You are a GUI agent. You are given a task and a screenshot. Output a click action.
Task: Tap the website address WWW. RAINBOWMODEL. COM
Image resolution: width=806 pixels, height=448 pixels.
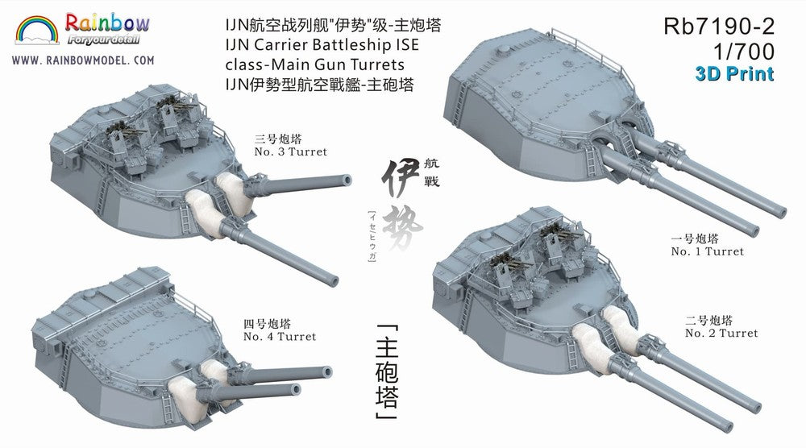(83, 60)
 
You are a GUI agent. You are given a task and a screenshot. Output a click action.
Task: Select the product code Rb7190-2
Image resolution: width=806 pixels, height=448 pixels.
(719, 27)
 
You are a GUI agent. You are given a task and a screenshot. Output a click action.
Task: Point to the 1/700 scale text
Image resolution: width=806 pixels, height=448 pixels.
(743, 52)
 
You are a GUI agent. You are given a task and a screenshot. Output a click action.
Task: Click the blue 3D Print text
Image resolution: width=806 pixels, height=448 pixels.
(734, 74)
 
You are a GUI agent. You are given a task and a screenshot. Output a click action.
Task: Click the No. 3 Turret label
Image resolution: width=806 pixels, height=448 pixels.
(290, 151)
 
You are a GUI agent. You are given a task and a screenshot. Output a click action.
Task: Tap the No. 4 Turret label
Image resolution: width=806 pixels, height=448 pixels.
(280, 337)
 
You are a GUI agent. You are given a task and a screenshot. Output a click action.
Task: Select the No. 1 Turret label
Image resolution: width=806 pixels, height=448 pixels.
(708, 251)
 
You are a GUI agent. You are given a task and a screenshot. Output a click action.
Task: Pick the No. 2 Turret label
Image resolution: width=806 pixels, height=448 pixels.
(721, 333)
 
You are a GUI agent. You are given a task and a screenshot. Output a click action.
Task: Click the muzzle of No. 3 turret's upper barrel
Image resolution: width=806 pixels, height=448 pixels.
(347, 180)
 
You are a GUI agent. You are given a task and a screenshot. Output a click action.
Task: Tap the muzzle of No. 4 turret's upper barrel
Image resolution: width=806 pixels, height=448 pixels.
(326, 372)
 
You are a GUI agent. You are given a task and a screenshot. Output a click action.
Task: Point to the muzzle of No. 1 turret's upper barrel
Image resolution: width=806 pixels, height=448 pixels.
(779, 211)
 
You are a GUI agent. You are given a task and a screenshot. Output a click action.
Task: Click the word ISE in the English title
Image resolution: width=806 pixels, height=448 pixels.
(407, 44)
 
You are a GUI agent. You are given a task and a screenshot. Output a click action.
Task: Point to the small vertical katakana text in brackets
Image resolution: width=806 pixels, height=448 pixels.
(372, 237)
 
